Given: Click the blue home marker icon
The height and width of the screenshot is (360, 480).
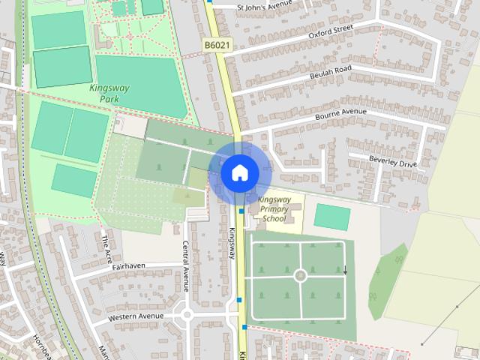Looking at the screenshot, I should (x=239, y=172).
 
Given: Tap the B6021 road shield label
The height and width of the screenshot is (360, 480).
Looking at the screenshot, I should (x=217, y=46).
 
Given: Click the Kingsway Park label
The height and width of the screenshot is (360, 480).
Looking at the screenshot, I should (x=109, y=92).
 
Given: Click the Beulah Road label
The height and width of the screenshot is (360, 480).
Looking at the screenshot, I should (x=331, y=70).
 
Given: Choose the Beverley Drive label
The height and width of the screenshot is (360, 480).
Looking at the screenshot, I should (x=392, y=160).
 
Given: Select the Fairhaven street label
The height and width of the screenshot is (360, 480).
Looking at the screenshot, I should (x=128, y=265).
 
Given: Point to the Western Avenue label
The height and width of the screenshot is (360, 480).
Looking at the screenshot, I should (x=135, y=316).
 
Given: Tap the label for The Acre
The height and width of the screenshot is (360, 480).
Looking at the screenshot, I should (x=105, y=244).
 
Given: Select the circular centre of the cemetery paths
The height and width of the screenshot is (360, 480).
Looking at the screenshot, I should (x=301, y=276).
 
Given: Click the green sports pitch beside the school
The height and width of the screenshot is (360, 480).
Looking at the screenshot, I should (x=331, y=217).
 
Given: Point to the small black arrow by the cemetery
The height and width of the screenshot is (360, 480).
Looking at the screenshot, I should (x=346, y=271).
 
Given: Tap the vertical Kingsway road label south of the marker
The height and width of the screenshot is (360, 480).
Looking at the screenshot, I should (x=232, y=243).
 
